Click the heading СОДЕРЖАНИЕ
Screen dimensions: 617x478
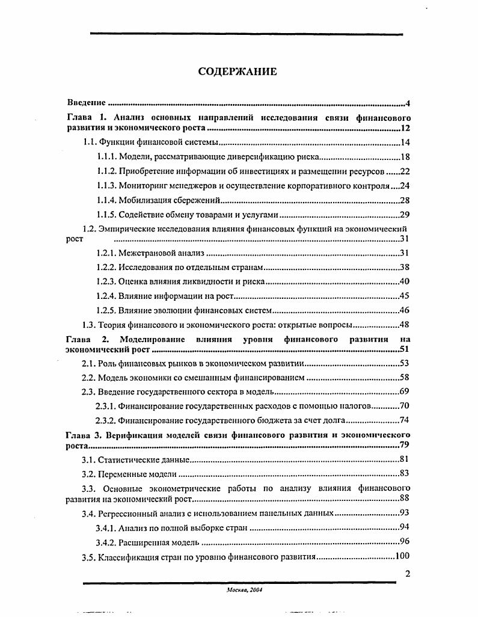click(x=237, y=72)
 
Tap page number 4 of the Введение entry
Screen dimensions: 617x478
click(x=408, y=103)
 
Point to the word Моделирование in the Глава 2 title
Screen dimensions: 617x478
click(x=153, y=340)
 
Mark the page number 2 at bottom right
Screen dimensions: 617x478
click(x=406, y=574)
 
